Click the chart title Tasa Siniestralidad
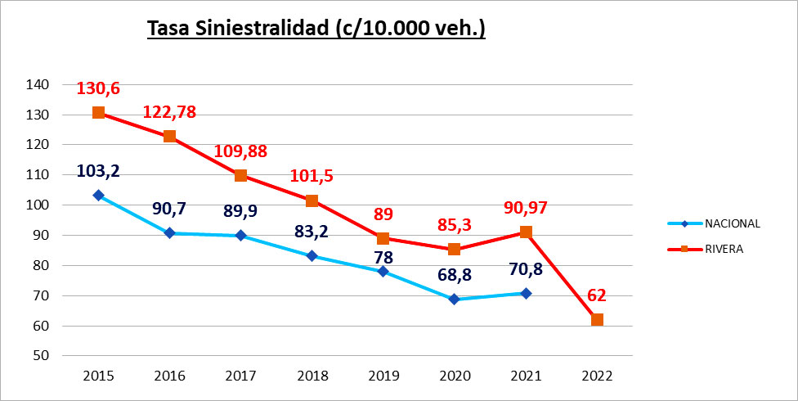click(316, 28)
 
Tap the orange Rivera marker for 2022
click(597, 319)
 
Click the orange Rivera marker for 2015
click(98, 112)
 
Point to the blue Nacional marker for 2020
click(455, 300)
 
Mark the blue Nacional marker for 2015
click(98, 195)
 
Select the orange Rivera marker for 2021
click(526, 232)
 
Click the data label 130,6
click(98, 88)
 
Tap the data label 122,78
click(169, 112)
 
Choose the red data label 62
click(597, 295)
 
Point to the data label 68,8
click(455, 276)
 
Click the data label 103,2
click(98, 171)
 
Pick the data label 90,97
click(526, 208)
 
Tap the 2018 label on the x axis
click(312, 376)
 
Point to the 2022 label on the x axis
click(597, 376)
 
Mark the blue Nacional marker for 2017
click(240, 236)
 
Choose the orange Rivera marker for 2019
click(383, 238)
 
